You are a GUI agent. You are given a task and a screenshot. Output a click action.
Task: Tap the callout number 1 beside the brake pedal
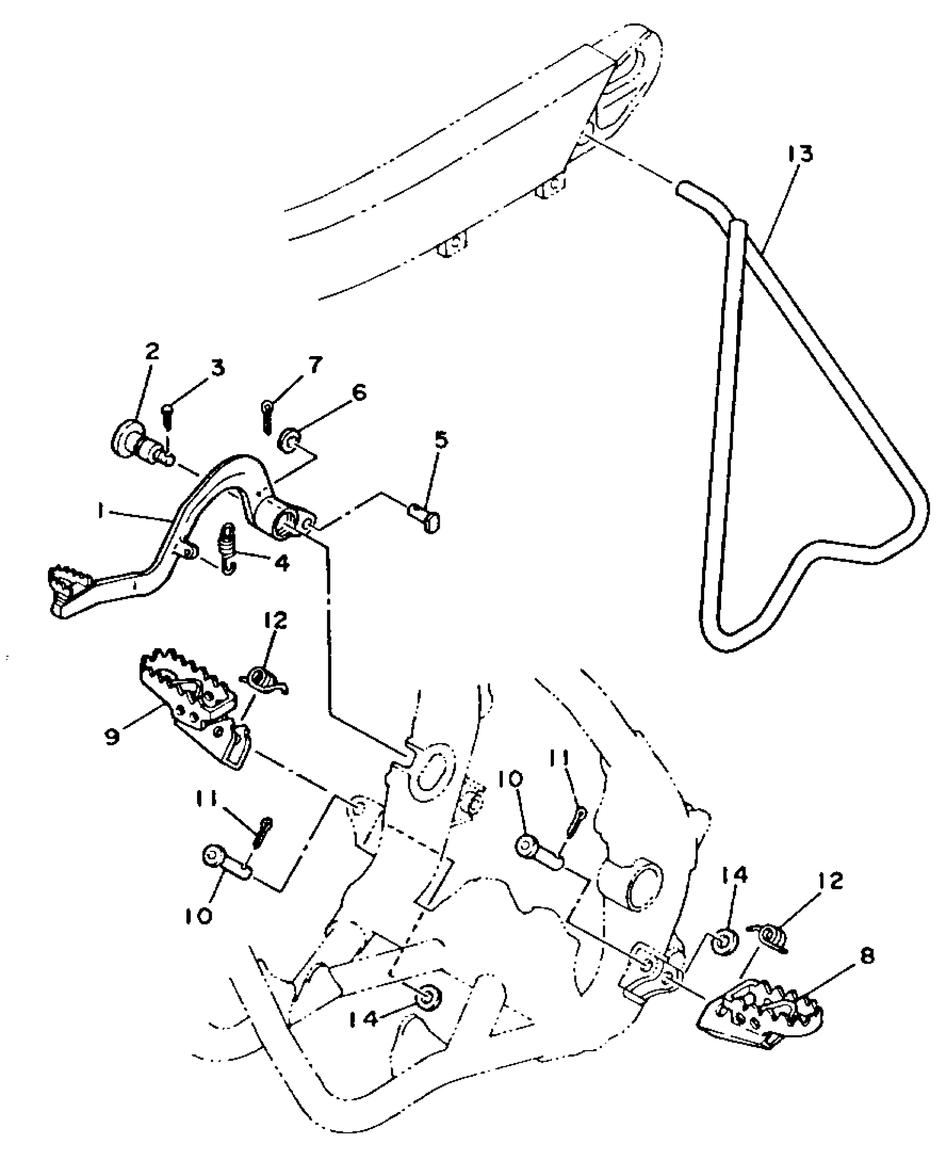coord(100,513)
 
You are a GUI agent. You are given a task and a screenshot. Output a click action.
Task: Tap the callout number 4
coord(281,563)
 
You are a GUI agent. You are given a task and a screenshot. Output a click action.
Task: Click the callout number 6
coord(358,393)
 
